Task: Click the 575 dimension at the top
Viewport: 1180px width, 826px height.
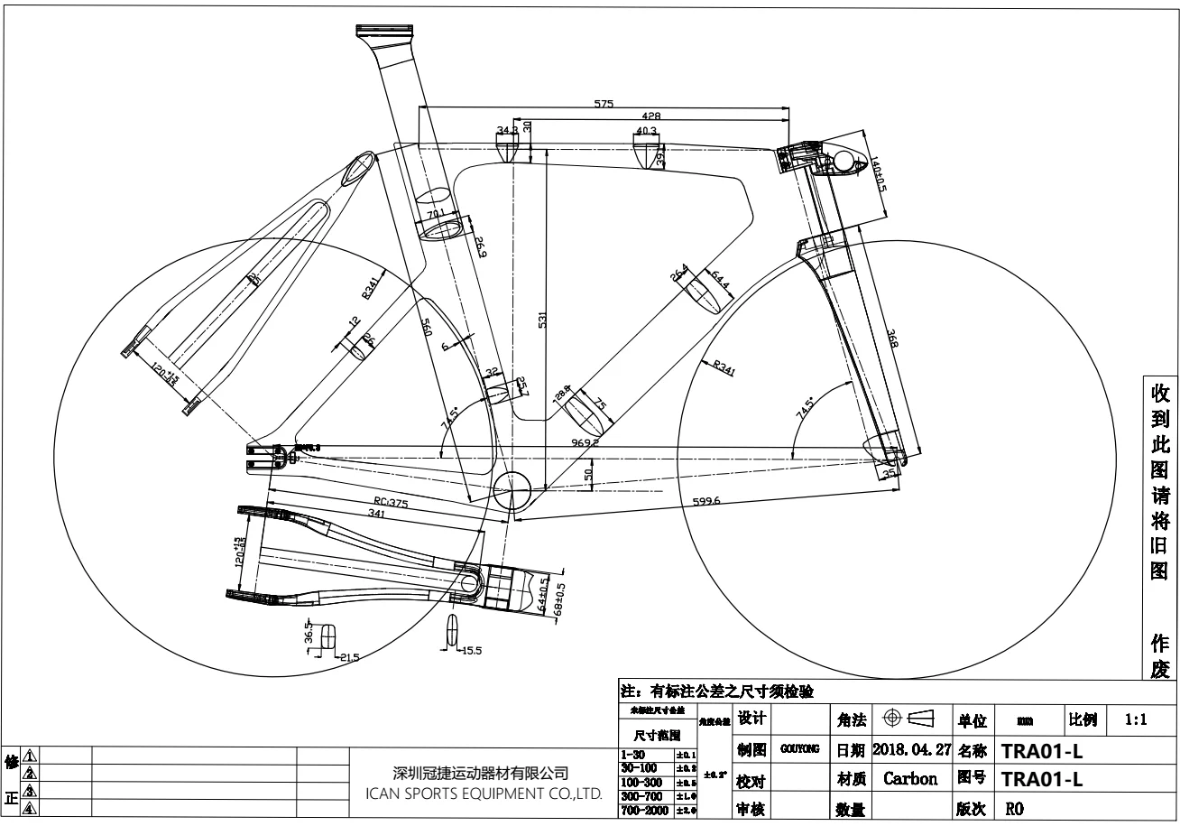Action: tap(604, 103)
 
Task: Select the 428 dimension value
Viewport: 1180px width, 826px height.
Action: tap(651, 116)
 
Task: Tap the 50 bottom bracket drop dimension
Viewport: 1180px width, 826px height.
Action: tap(588, 474)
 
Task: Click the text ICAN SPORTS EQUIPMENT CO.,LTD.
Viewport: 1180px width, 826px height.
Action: tap(482, 794)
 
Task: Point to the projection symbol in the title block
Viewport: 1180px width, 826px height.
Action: tap(908, 719)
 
